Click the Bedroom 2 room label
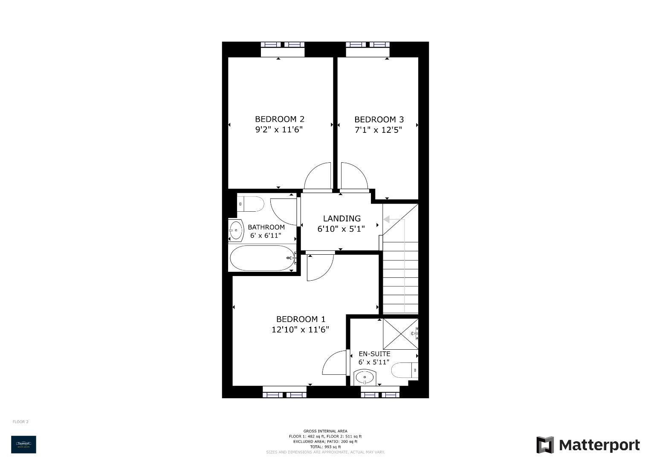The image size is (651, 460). point(279,119)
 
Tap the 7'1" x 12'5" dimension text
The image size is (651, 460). point(379,130)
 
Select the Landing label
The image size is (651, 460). point(341,218)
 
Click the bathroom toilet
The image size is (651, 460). point(250,204)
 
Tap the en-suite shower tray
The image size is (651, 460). point(400,333)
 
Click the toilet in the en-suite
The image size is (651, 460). point(405,370)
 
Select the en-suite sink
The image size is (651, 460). point(365,377)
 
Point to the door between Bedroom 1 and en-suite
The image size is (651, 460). point(336,363)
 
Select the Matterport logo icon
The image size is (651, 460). point(545,445)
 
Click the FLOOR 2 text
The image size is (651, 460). point(20,422)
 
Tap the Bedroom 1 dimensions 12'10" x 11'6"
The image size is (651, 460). point(300,330)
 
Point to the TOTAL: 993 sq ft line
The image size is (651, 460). point(325,447)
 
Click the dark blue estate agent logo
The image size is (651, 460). point(23,444)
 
